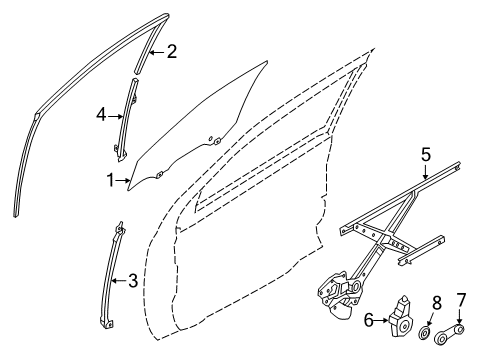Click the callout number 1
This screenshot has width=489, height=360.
point(110,180)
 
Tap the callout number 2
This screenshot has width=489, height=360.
point(172,52)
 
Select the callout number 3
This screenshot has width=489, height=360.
point(133,281)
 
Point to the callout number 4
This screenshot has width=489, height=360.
point(101,115)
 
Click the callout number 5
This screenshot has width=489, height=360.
point(426,155)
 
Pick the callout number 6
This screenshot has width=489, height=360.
point(368,320)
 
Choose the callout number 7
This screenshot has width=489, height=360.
point(460,300)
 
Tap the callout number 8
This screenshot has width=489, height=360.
point(437,303)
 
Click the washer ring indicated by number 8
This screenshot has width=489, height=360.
point(424,334)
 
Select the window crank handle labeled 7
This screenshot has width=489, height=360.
point(449,335)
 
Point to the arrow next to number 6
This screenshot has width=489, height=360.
point(381,321)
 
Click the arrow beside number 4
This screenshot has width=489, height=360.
point(115,116)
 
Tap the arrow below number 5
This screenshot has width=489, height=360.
point(426,172)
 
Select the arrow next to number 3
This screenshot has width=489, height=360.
point(119,281)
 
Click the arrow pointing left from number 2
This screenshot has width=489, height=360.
point(157,52)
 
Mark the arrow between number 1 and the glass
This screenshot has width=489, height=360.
point(123,181)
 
